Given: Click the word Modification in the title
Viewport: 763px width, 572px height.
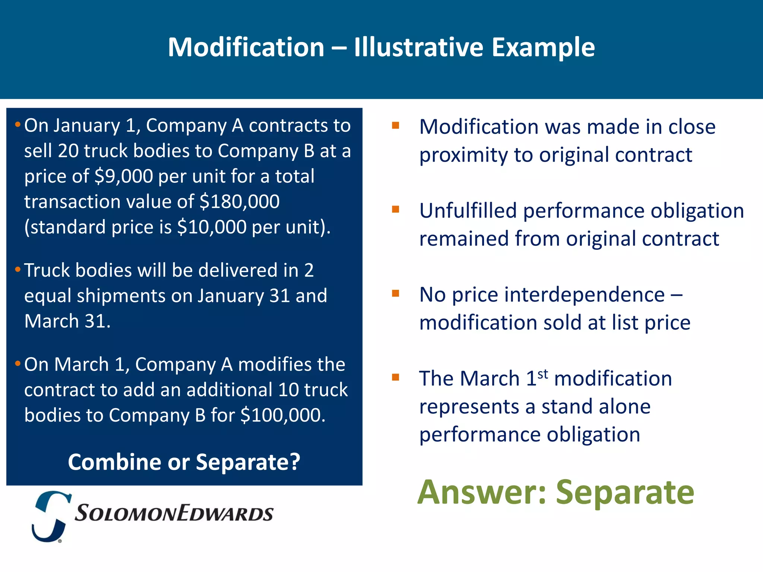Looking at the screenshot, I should coord(246,47).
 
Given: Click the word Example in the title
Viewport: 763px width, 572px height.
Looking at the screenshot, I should coord(543,47).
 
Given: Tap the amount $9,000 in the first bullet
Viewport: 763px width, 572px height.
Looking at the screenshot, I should coord(124,176).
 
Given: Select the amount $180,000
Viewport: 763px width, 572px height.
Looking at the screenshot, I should coord(240,201).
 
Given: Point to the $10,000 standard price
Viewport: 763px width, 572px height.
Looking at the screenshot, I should coord(212,227).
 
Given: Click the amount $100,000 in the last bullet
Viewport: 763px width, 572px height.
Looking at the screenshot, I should coord(282,415).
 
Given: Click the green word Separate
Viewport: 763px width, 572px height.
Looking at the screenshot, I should coord(625,492).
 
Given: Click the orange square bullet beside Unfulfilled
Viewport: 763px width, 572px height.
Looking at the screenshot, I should coord(395,209).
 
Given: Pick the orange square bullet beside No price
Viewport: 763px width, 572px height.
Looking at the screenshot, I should coord(395,293).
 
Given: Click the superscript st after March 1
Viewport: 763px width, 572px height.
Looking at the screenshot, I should coord(543,374).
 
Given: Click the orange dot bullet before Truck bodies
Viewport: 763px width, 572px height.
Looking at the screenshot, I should coord(18,270).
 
